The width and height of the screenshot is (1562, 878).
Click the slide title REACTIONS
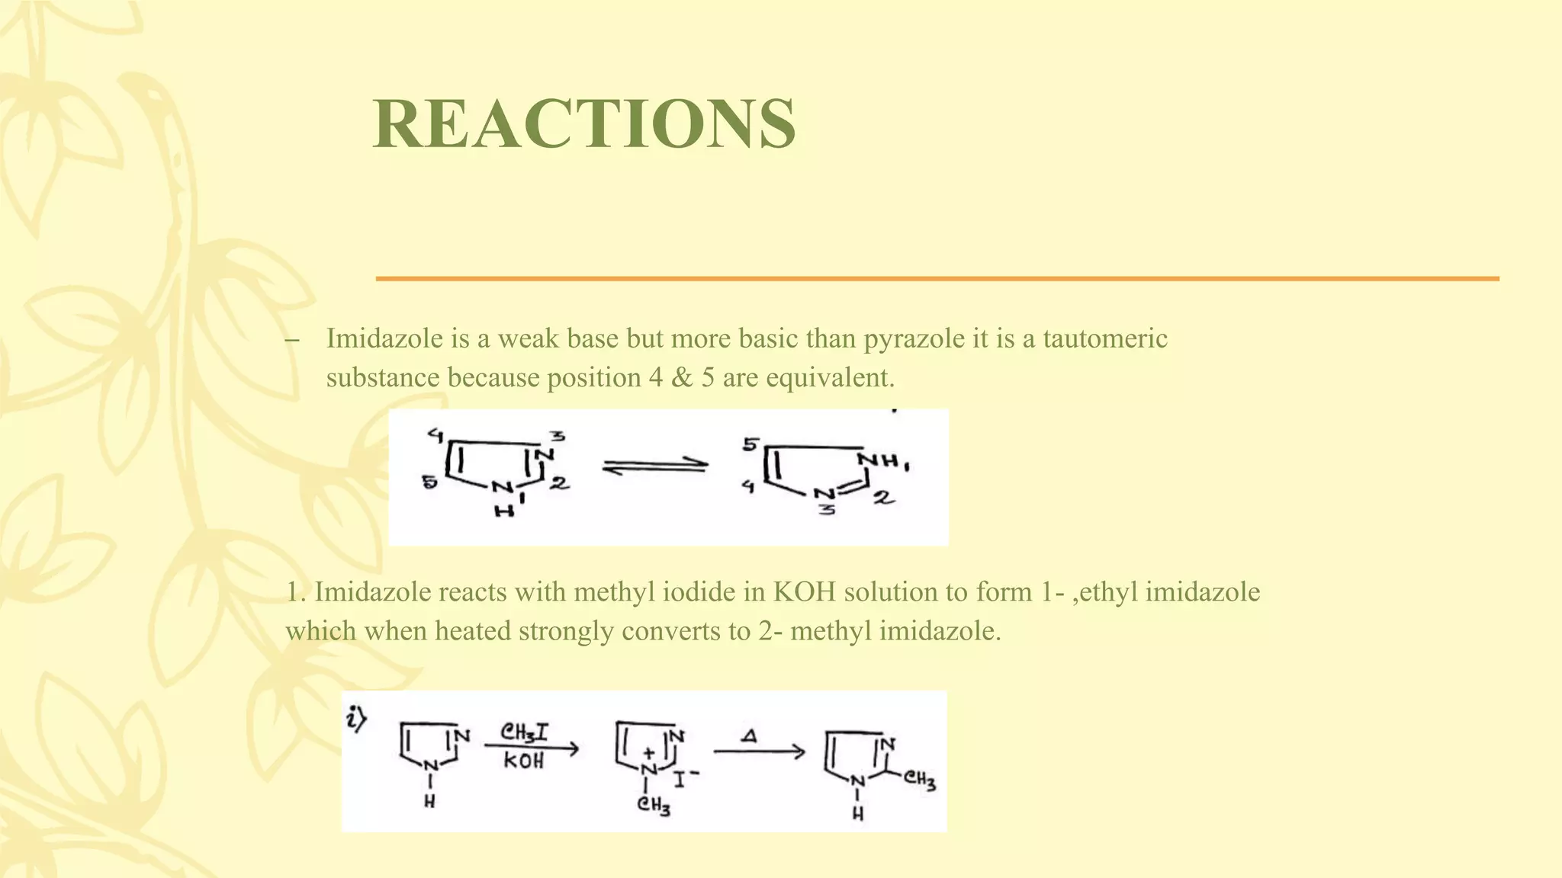pyautogui.click(x=584, y=123)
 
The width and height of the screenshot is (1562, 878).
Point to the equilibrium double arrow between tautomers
pyautogui.click(x=654, y=466)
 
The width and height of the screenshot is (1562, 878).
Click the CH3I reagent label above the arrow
pyautogui.click(x=524, y=732)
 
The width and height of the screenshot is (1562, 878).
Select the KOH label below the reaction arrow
pyautogui.click(x=524, y=761)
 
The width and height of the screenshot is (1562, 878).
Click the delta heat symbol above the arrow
pyautogui.click(x=750, y=736)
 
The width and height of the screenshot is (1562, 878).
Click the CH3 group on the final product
pyautogui.click(x=920, y=780)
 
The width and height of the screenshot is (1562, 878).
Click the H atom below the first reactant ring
pyautogui.click(x=430, y=802)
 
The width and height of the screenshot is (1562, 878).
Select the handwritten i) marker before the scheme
pyautogui.click(x=356, y=719)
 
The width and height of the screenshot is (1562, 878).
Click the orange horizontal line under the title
pyautogui.click(x=937, y=279)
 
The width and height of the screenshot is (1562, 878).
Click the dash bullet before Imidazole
pyautogui.click(x=291, y=340)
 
